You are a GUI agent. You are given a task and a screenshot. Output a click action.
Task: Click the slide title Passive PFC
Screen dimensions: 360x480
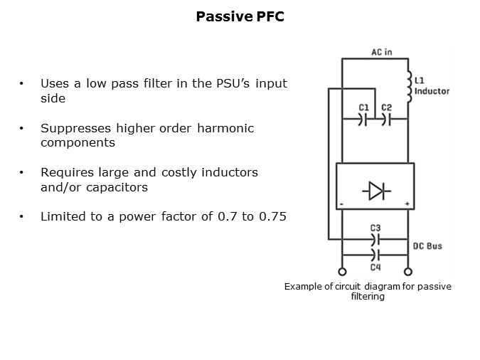[x=240, y=16]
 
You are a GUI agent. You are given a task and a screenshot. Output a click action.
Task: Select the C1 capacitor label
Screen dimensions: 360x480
[x=363, y=107]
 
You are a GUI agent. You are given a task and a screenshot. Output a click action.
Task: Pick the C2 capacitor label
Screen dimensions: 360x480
[x=386, y=107]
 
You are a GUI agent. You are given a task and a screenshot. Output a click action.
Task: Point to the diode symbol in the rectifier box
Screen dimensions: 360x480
[x=375, y=191]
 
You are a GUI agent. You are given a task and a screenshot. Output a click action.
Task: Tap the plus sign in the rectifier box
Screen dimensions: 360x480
[x=407, y=203]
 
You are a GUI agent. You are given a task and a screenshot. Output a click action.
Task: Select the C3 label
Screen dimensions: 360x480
[x=375, y=228]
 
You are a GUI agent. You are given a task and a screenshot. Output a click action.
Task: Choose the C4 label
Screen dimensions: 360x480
[x=375, y=268]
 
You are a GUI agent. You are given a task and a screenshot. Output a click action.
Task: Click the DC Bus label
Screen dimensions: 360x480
[x=428, y=246]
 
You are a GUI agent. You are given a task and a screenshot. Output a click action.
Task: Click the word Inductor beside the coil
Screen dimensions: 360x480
[x=432, y=91]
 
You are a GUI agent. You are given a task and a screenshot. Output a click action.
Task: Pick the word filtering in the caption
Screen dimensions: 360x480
[x=368, y=297]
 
